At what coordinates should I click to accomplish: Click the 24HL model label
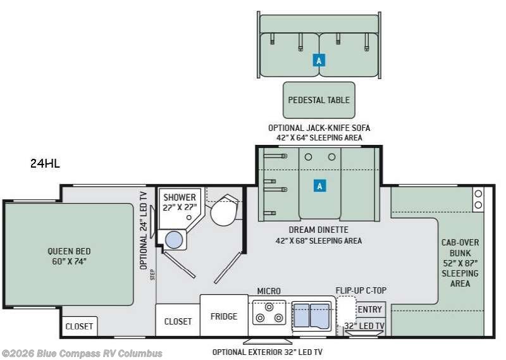click(45, 163)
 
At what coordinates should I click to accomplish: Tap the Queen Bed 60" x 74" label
click(69, 256)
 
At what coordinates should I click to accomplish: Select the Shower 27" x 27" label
click(180, 202)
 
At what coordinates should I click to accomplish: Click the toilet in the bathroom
click(225, 210)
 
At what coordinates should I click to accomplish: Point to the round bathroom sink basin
click(174, 240)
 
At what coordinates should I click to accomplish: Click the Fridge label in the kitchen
click(224, 316)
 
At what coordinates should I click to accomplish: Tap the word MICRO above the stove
click(268, 291)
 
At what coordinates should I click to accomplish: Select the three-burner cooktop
click(269, 313)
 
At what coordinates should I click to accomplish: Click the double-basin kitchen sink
click(311, 316)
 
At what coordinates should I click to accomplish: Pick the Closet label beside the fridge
click(178, 321)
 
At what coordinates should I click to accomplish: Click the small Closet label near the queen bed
click(79, 326)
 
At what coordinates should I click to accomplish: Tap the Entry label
click(370, 309)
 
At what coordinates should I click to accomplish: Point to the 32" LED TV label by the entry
click(364, 326)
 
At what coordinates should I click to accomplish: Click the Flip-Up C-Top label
click(361, 290)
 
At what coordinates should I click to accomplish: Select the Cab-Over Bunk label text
click(460, 263)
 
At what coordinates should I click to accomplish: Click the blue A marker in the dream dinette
click(319, 186)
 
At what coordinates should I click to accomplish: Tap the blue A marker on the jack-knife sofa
click(319, 60)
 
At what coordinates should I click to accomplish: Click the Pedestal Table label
click(319, 100)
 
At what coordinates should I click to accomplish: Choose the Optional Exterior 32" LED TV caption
click(267, 352)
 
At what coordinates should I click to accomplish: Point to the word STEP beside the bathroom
click(152, 275)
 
